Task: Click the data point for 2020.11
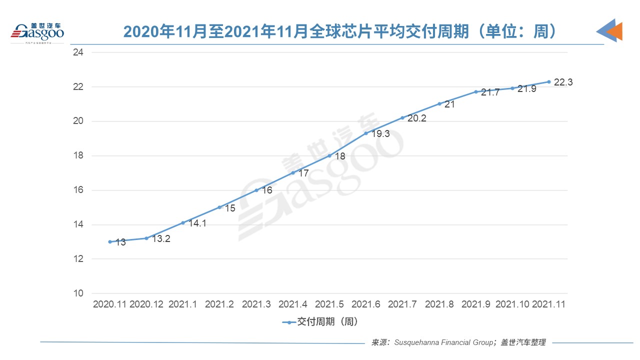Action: [x=110, y=241]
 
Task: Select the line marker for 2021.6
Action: [x=366, y=133]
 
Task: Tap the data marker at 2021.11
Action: [x=548, y=81]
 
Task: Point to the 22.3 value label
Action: [x=563, y=82]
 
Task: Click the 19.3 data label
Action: [x=380, y=134]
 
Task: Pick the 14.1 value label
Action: [x=197, y=223]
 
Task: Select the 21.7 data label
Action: [x=490, y=92]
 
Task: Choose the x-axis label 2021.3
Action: [x=256, y=304]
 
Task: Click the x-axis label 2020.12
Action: [x=146, y=304]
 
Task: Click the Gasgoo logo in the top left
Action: [x=38, y=32]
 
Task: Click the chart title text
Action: [x=340, y=32]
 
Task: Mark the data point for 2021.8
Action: [x=439, y=103]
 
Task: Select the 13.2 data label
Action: [x=160, y=239]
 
